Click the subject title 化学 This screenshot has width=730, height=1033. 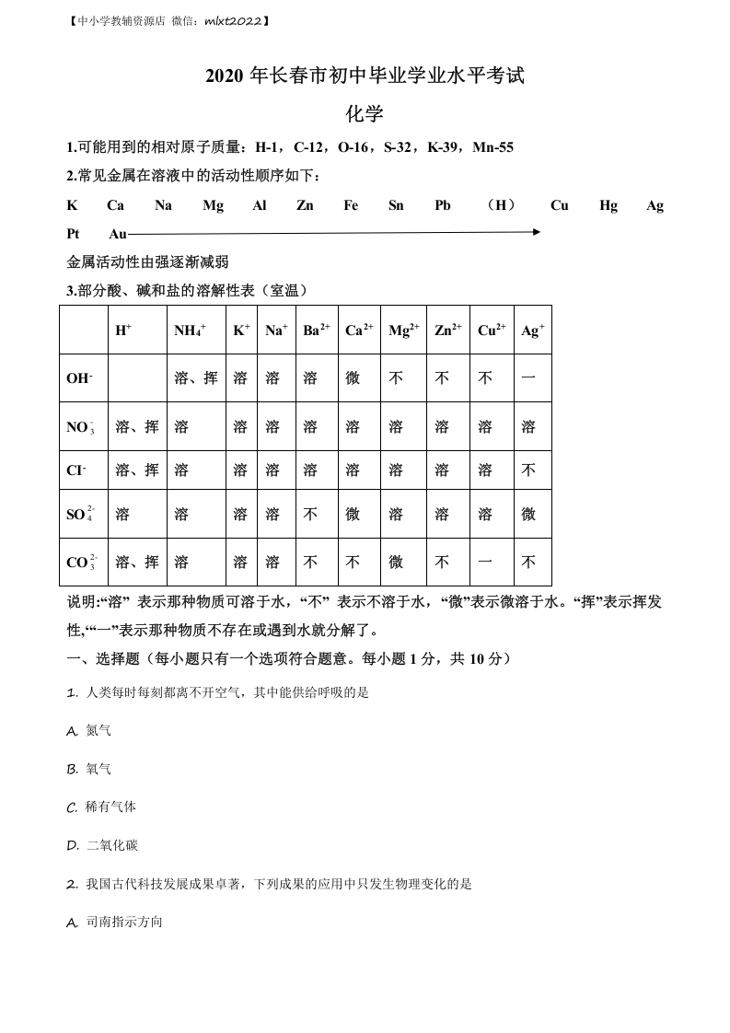click(x=365, y=114)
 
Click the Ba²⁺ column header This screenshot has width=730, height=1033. click(x=317, y=330)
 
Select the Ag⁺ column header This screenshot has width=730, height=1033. click(x=533, y=330)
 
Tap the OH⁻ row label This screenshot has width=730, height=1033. click(x=79, y=378)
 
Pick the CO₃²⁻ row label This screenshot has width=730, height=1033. click(x=82, y=562)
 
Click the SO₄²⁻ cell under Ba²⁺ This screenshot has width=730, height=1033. click(x=310, y=514)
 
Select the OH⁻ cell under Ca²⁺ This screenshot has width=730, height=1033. click(x=353, y=378)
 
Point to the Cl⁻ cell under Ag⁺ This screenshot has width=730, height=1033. click(x=528, y=470)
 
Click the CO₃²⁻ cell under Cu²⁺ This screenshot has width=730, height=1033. click(x=485, y=562)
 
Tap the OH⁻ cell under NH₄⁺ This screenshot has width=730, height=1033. click(x=196, y=378)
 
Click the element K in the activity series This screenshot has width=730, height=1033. click(x=72, y=205)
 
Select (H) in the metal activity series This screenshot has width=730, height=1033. click(x=501, y=205)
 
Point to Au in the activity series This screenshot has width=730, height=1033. click(x=118, y=234)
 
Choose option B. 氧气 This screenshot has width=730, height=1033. click(x=89, y=769)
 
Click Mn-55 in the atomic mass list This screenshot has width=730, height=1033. click(x=492, y=147)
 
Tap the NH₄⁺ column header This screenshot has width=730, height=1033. click(x=191, y=330)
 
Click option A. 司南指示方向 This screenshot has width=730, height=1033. click(x=115, y=922)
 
